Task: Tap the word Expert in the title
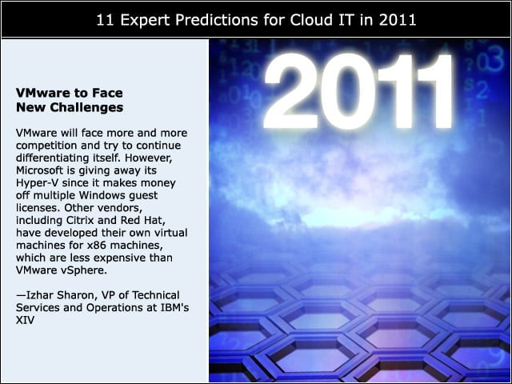tap(145, 20)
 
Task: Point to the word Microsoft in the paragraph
tap(39, 170)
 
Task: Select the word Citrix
tap(80, 220)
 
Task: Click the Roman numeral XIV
tap(25, 320)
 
